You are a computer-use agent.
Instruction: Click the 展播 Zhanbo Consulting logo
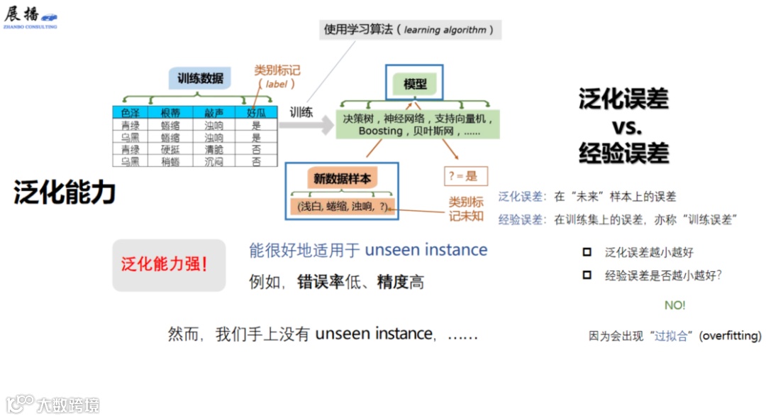30,16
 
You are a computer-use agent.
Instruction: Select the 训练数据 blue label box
200,78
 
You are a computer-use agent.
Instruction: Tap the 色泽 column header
130,112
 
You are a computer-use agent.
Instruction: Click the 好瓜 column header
256,112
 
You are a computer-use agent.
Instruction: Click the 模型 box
415,83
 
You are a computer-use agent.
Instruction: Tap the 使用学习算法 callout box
410,30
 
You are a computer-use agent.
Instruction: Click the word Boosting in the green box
380,131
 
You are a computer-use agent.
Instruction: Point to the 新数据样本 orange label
342,178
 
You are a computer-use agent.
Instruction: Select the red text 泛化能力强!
165,265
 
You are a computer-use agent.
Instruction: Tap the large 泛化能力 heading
65,192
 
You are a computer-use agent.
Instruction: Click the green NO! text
675,305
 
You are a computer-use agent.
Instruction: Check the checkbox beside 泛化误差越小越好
587,252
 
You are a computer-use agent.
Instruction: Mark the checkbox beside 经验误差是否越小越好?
587,276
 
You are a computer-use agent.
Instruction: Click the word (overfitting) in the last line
730,336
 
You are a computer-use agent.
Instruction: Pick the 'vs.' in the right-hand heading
625,127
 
